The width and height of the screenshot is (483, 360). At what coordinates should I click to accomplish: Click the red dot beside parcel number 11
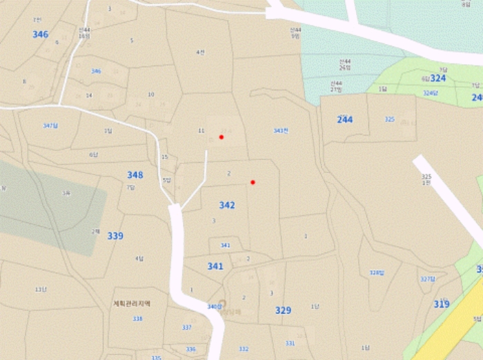click(x=221, y=137)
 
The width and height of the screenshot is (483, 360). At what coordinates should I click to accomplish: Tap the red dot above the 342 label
click(x=253, y=182)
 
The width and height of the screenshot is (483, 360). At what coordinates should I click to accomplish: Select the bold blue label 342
click(x=227, y=206)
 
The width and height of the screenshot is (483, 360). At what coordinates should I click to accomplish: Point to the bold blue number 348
click(x=135, y=175)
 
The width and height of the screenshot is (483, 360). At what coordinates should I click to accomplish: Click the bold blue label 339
click(x=115, y=236)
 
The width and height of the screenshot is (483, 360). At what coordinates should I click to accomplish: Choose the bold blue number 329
click(x=283, y=310)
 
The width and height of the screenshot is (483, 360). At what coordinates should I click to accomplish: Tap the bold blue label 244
click(x=344, y=120)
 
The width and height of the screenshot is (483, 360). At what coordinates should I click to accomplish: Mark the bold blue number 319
click(x=442, y=304)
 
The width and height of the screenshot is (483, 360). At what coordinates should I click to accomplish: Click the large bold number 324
click(x=438, y=79)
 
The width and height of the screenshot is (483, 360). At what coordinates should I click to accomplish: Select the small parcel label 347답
click(x=50, y=126)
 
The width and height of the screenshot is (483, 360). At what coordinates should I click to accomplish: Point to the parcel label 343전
click(x=280, y=130)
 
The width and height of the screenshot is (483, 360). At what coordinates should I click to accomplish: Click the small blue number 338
click(x=137, y=319)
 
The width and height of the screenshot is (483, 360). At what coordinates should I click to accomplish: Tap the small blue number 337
click(x=186, y=327)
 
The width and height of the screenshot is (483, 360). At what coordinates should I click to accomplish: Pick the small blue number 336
click(x=190, y=349)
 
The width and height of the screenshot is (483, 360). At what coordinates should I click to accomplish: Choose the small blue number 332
click(x=244, y=349)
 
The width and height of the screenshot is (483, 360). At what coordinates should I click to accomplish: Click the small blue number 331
click(x=290, y=343)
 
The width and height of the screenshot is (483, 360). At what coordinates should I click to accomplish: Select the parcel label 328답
click(x=376, y=272)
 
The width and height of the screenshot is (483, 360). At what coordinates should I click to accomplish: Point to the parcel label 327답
click(x=428, y=279)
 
